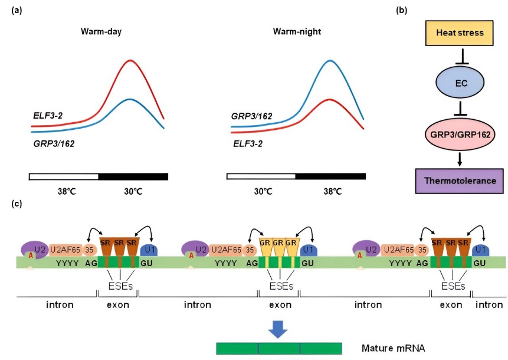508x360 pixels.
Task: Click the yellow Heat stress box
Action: [x=459, y=32]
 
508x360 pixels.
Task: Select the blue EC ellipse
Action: [x=460, y=83]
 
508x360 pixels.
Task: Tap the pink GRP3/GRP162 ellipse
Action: [x=460, y=134]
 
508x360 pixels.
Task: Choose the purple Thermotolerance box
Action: [x=460, y=181]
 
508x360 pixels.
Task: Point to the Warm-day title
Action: [x=101, y=32]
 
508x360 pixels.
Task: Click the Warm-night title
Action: [x=297, y=32]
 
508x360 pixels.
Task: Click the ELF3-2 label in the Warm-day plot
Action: [x=48, y=115]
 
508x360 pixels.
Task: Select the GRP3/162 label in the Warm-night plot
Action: [x=252, y=116]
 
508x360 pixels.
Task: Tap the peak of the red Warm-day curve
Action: [x=130, y=60]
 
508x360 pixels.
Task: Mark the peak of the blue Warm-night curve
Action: [x=329, y=61]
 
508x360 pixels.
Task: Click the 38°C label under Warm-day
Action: [x=67, y=191]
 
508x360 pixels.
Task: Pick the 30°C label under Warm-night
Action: [x=263, y=191]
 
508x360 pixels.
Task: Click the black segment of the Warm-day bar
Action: [x=133, y=176]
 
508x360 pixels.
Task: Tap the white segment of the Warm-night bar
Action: [x=261, y=176]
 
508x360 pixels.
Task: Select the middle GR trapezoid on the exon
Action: [x=279, y=247]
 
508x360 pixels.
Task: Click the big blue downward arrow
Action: [x=278, y=329]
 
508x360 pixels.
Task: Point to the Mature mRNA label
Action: [x=394, y=348]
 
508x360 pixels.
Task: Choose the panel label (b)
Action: [x=402, y=11]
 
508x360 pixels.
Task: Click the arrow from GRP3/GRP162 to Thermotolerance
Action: [x=460, y=159]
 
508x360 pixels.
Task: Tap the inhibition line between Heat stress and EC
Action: [x=463, y=57]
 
